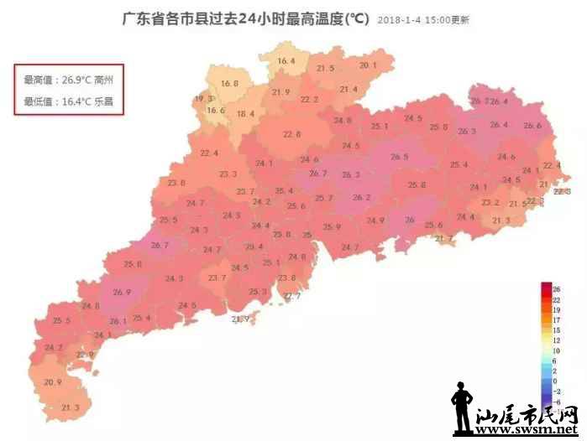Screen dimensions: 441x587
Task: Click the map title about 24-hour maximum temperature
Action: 245,18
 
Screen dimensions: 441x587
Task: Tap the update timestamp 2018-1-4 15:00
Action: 423,20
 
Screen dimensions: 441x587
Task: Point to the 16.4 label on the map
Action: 286,61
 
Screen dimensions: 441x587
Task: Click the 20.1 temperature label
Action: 369,65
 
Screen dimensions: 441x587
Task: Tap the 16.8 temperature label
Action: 230,84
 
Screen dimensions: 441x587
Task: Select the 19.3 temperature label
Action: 203,99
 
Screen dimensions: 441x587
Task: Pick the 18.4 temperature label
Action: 245,114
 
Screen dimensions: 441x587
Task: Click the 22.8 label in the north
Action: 292,134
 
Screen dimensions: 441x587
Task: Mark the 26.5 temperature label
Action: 400,157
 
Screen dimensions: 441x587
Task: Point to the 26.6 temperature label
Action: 532,126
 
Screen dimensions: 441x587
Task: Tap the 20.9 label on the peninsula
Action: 53,382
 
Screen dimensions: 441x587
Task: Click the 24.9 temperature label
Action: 375,220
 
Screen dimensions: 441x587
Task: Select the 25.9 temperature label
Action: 333,227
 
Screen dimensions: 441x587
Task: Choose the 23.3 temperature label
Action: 228,174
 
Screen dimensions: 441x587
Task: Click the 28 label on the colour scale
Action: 556,290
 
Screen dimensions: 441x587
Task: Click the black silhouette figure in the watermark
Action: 460,409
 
